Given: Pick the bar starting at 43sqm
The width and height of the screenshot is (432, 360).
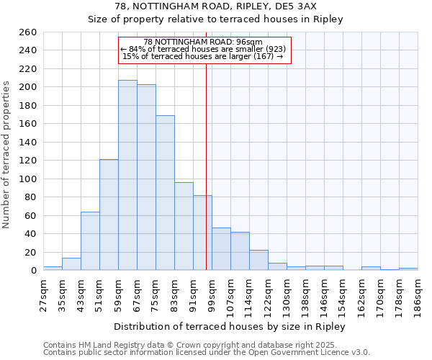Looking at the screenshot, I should [x=90, y=241].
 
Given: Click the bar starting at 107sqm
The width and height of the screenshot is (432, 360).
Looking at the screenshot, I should [x=240, y=251].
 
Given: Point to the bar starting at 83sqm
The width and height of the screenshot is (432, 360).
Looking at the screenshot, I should [x=184, y=226].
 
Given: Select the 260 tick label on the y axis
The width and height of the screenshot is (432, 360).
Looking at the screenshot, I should [x=28, y=32].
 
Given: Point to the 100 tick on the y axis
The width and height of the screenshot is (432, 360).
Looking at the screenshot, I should [x=28, y=179].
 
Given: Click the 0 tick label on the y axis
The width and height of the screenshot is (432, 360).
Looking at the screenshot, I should [x=33, y=271].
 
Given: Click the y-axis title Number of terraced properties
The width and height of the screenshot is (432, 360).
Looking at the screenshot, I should [x=7, y=154].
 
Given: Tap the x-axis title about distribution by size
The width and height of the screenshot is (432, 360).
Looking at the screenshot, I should [x=230, y=326].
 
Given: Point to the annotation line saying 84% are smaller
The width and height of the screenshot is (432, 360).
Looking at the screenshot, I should [x=204, y=49].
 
